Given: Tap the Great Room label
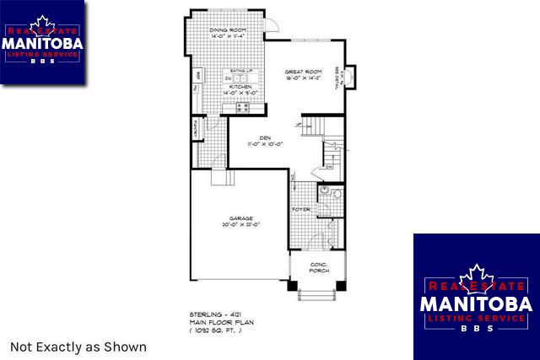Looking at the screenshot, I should point(303,72).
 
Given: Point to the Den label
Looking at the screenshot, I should point(264,137).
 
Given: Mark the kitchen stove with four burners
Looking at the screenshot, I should point(242,107).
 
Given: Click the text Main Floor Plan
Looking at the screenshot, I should point(217,321).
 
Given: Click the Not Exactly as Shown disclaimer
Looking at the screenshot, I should point(78,347).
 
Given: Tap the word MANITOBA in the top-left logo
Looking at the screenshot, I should point(42,41).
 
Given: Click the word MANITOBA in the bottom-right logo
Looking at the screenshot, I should point(475,303).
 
